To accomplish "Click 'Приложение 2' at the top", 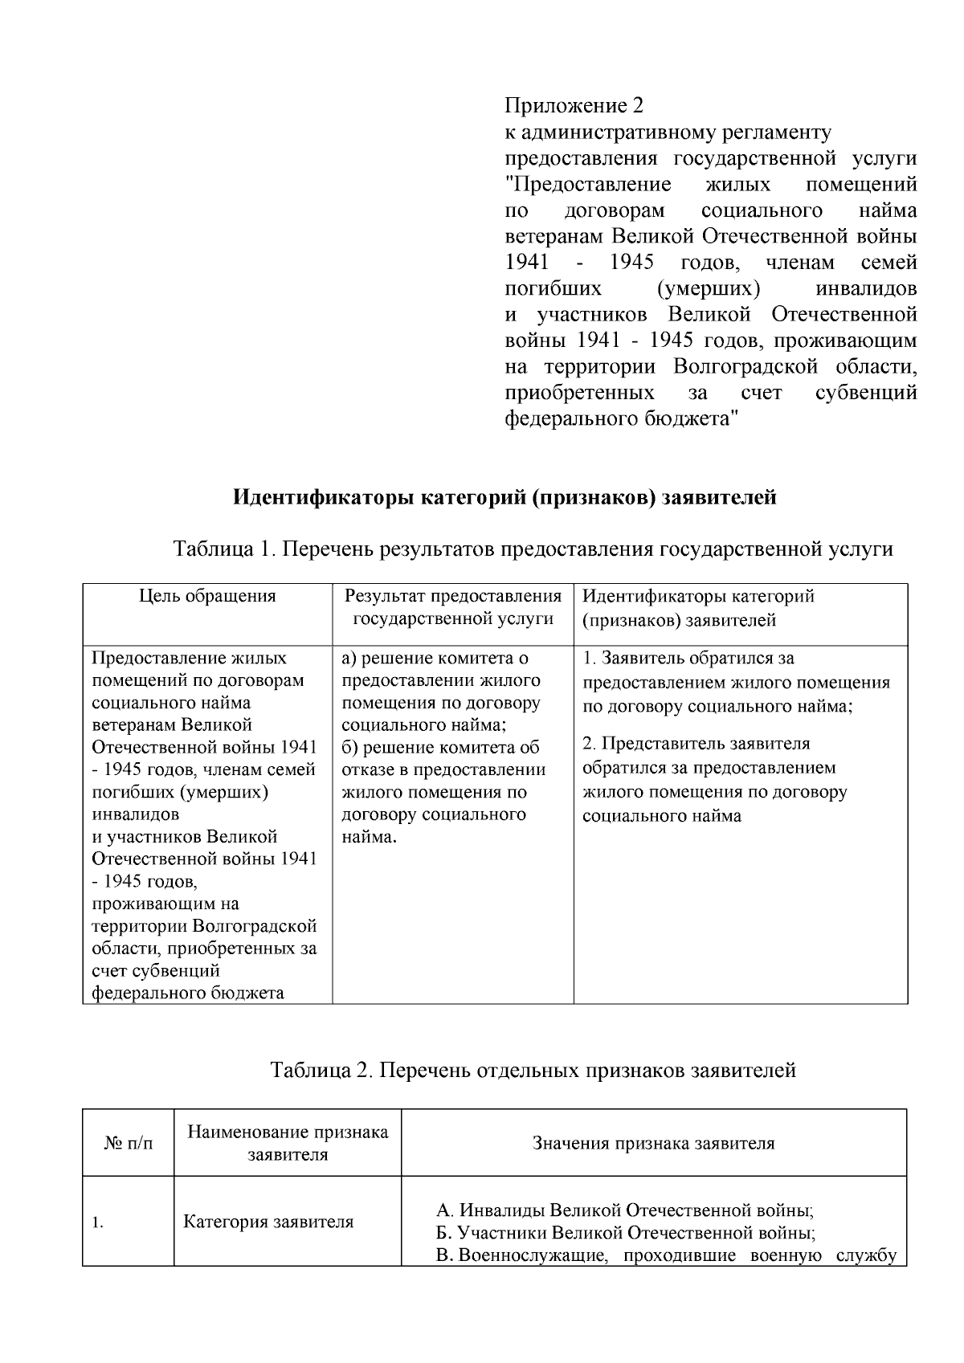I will tap(574, 105).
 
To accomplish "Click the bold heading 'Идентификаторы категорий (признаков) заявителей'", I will tap(504, 497).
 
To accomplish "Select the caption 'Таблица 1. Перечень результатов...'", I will tap(533, 549).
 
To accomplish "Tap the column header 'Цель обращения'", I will tap(207, 595).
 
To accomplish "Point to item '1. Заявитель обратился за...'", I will tap(736, 682).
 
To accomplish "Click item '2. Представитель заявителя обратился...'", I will tap(714, 779).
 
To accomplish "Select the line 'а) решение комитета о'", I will tap(435, 658).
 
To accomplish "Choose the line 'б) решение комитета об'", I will tap(440, 747).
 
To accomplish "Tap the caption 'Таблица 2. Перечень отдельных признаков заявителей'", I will tap(533, 1070).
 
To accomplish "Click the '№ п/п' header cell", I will tap(129, 1143).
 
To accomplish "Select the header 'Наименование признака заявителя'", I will tap(288, 1143).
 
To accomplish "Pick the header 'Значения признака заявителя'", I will tap(653, 1143).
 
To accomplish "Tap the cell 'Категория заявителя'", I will tap(268, 1222).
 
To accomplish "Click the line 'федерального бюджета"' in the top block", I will tap(621, 418).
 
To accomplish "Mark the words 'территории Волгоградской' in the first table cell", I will tap(204, 926).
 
